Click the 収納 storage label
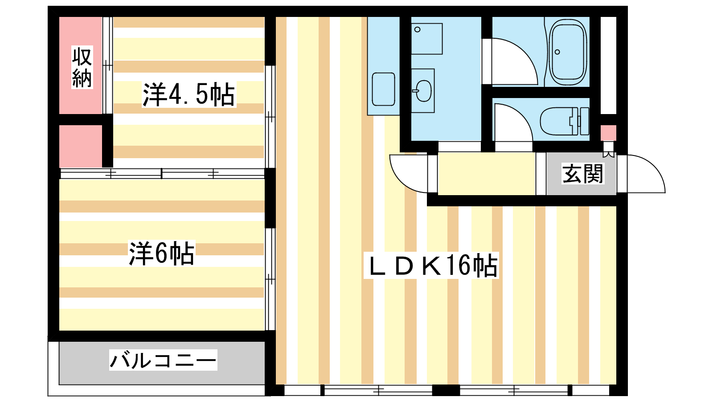(x=82, y=67)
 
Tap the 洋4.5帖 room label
(x=189, y=94)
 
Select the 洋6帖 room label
(x=161, y=254)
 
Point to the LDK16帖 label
(x=431, y=266)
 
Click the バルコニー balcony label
(x=163, y=360)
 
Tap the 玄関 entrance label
(x=583, y=173)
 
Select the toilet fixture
(x=564, y=121)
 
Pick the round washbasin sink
(x=423, y=91)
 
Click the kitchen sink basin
(x=384, y=89)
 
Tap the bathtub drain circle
(x=557, y=52)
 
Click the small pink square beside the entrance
(x=608, y=133)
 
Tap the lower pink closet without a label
(x=81, y=146)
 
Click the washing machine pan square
(x=426, y=38)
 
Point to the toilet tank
(x=584, y=121)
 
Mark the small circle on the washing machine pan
(x=417, y=29)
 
